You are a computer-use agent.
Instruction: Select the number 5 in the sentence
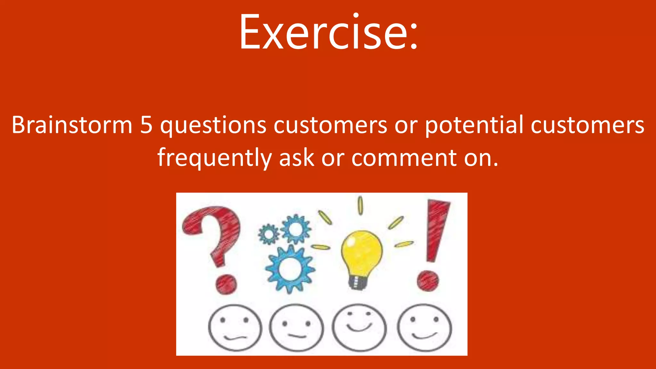[146, 125]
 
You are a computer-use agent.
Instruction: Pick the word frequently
[214, 158]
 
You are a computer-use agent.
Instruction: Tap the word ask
[297, 158]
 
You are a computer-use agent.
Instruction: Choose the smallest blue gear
[268, 234]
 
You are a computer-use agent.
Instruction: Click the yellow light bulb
[362, 253]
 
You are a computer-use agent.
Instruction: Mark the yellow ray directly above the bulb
[360, 205]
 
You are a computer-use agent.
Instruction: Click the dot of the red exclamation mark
[428, 281]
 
